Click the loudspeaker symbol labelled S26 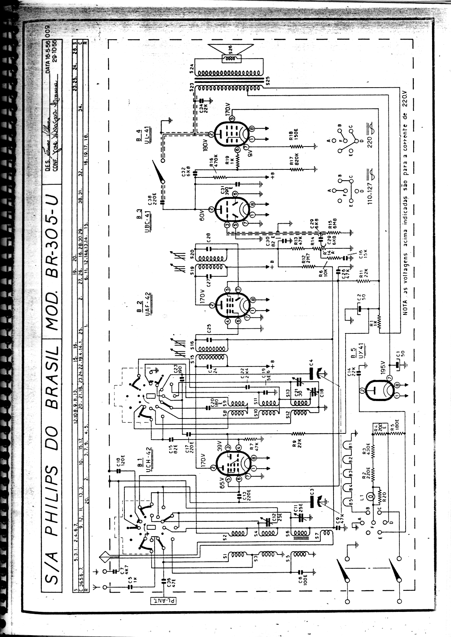[x=231, y=57]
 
